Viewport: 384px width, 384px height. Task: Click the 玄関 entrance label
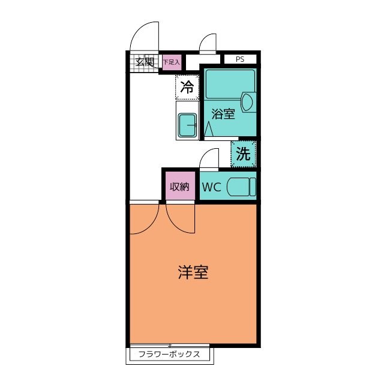[x=144, y=61]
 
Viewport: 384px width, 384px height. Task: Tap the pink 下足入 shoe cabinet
[x=171, y=62]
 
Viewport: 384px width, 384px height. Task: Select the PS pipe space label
[x=240, y=59]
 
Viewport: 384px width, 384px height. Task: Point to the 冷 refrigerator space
[x=187, y=87]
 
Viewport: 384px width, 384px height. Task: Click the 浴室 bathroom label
[x=223, y=113]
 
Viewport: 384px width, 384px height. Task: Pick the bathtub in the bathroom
[x=230, y=85]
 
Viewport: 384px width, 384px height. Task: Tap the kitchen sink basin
[x=188, y=125]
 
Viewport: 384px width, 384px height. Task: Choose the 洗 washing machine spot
[x=243, y=154]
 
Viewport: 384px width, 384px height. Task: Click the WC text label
[x=211, y=187]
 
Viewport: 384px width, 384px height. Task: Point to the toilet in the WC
[x=241, y=187]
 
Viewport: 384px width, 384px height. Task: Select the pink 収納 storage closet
[x=179, y=187]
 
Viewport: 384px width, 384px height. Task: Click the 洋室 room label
[x=193, y=272]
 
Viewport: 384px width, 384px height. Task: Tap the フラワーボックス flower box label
[x=169, y=354]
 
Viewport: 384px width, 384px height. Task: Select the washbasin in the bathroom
[x=248, y=102]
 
